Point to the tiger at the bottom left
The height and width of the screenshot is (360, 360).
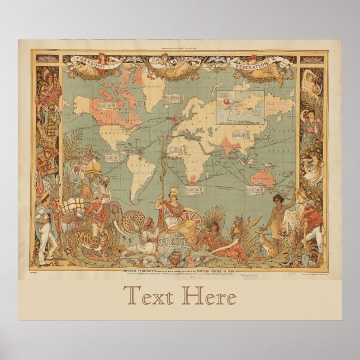coord(89,243)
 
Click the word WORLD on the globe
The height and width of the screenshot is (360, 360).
coord(172,244)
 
